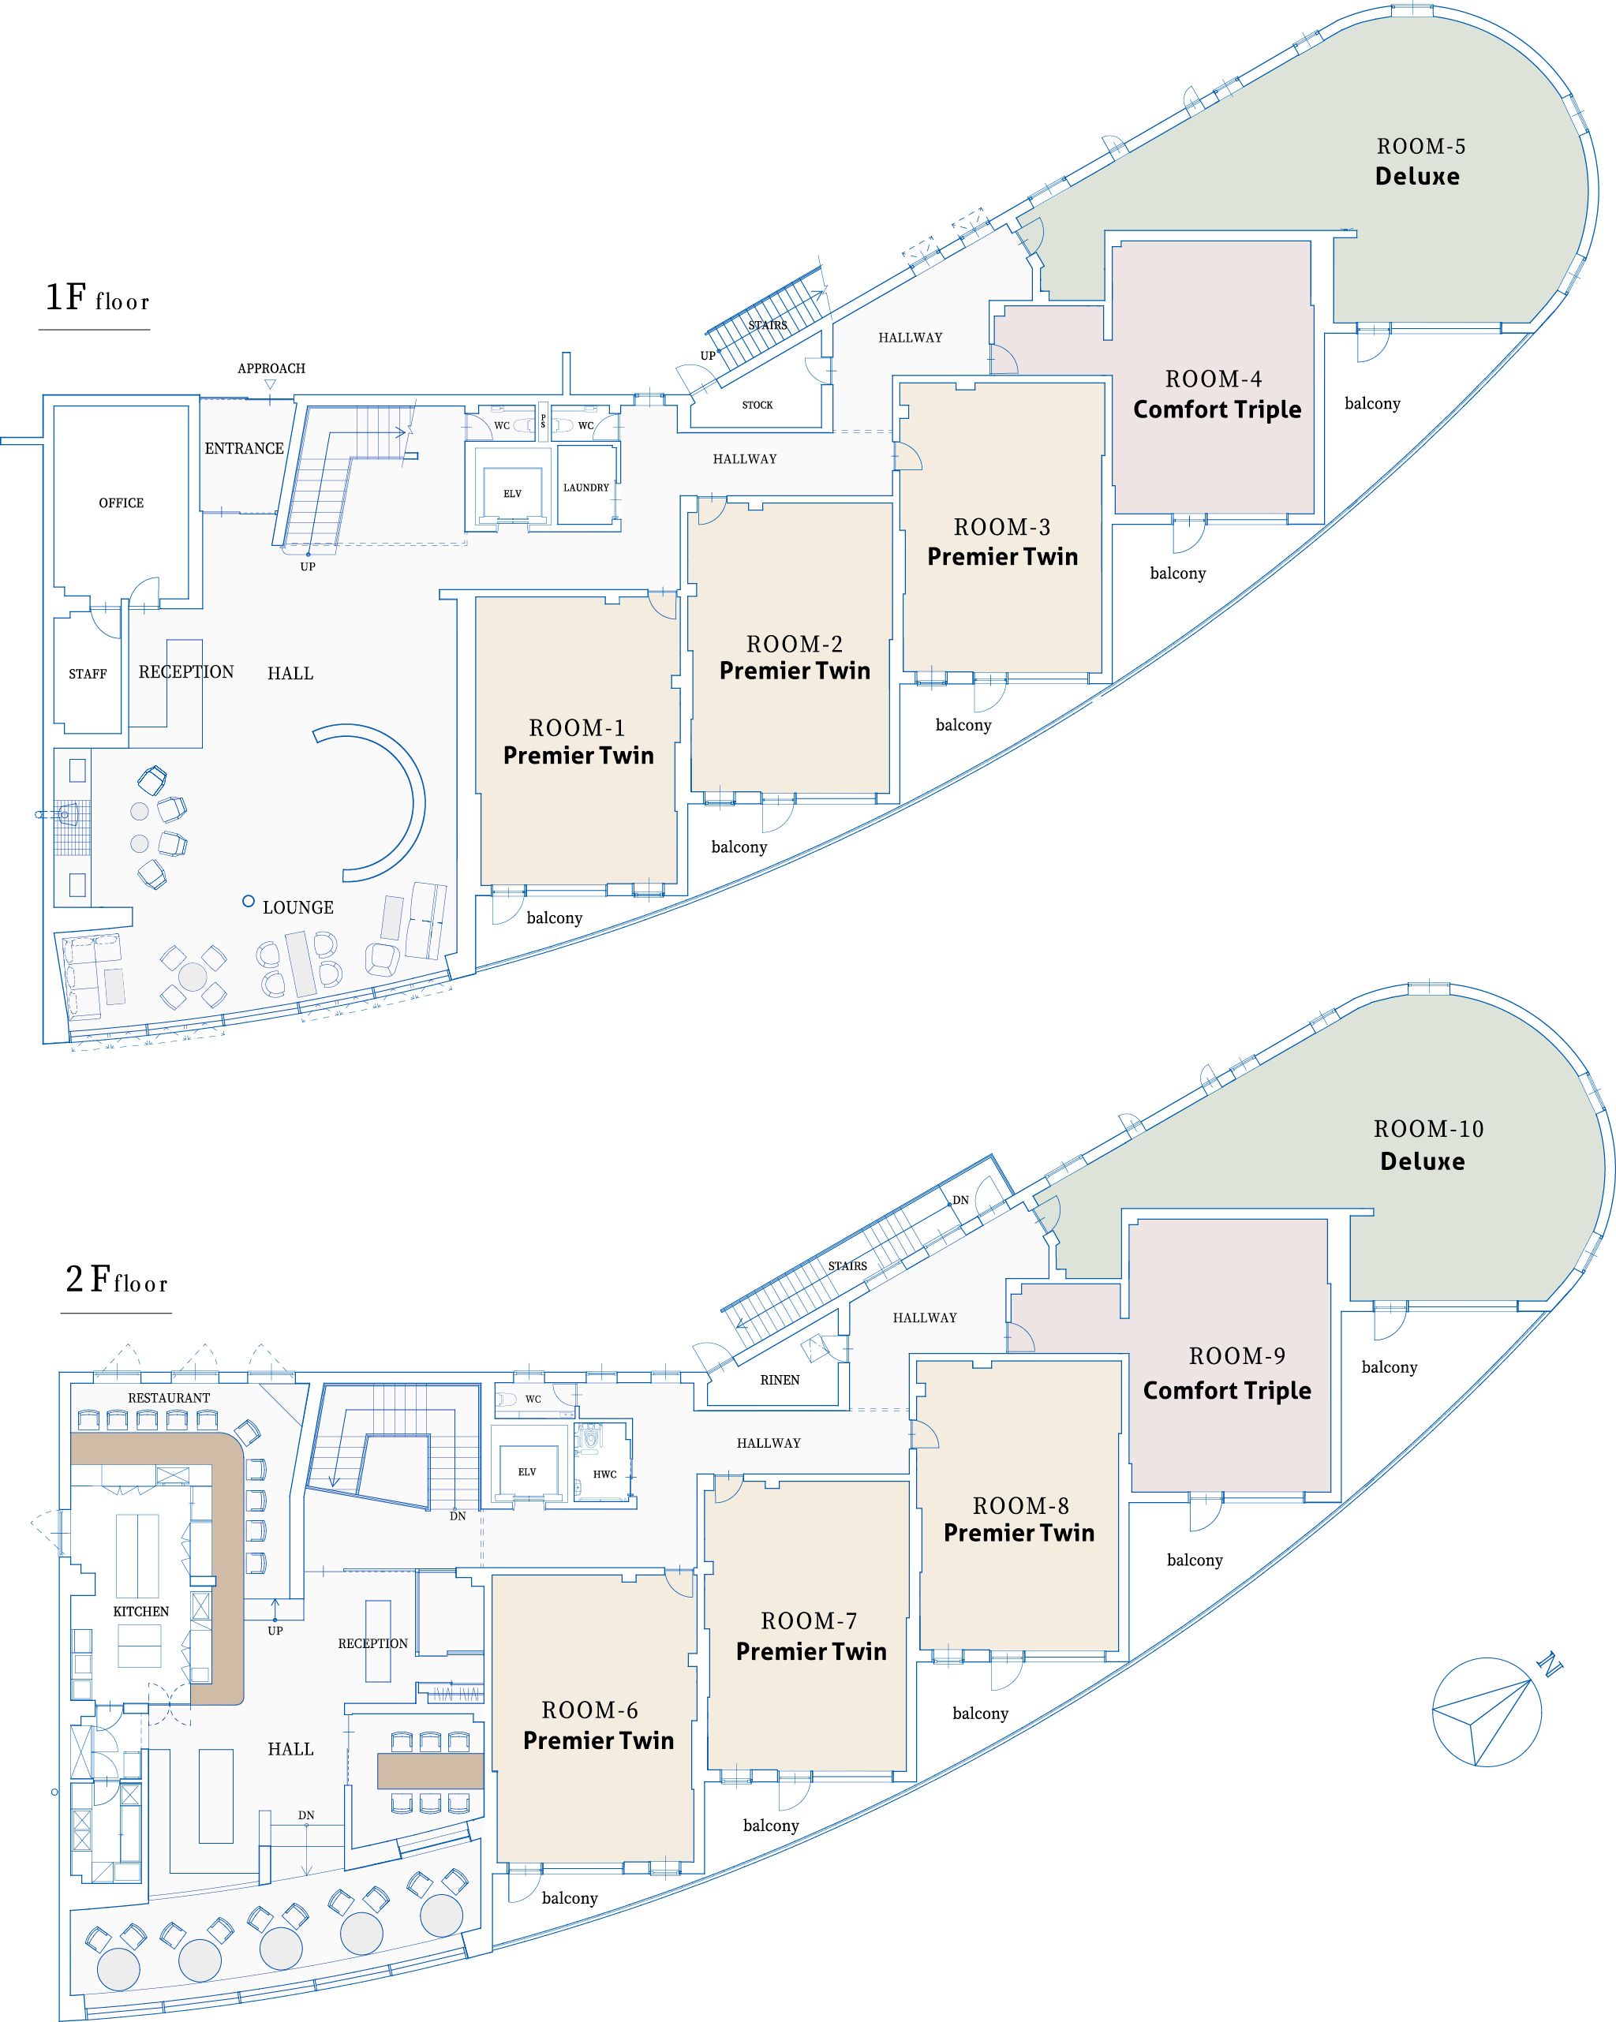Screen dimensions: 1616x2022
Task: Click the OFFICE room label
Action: tap(121, 503)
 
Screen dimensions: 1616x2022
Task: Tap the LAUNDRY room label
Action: tap(586, 488)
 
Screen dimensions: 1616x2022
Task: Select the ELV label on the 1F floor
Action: tap(512, 493)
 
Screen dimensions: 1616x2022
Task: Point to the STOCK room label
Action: tap(757, 406)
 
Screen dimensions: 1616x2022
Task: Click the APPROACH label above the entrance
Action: tap(271, 368)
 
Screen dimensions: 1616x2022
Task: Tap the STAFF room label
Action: tap(88, 674)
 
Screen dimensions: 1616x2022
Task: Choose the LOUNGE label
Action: tap(297, 907)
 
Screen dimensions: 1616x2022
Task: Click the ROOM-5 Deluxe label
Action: tap(1419, 161)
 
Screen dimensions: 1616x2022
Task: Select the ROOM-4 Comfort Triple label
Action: tap(1217, 394)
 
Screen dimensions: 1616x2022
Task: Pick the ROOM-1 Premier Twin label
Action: tap(578, 742)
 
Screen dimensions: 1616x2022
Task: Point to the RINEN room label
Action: tap(780, 1380)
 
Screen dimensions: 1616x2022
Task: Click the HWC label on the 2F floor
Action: tap(605, 1474)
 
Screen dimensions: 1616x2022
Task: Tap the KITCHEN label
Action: tap(140, 1611)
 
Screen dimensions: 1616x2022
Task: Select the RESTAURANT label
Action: tap(169, 1397)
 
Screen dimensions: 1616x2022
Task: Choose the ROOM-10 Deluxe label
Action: tap(1427, 1145)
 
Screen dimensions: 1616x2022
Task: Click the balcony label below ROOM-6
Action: tap(569, 1898)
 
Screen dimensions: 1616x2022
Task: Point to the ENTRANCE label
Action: tap(244, 448)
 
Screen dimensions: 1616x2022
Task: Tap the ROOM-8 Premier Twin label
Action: tap(1019, 1519)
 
